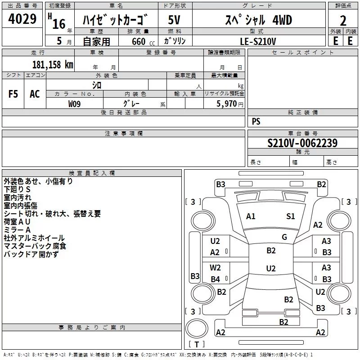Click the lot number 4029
22,19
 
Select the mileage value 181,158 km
53,64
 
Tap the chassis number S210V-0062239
302,143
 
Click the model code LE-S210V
258,41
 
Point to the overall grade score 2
343,21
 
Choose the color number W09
74,104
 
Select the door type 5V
174,20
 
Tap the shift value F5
13,94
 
